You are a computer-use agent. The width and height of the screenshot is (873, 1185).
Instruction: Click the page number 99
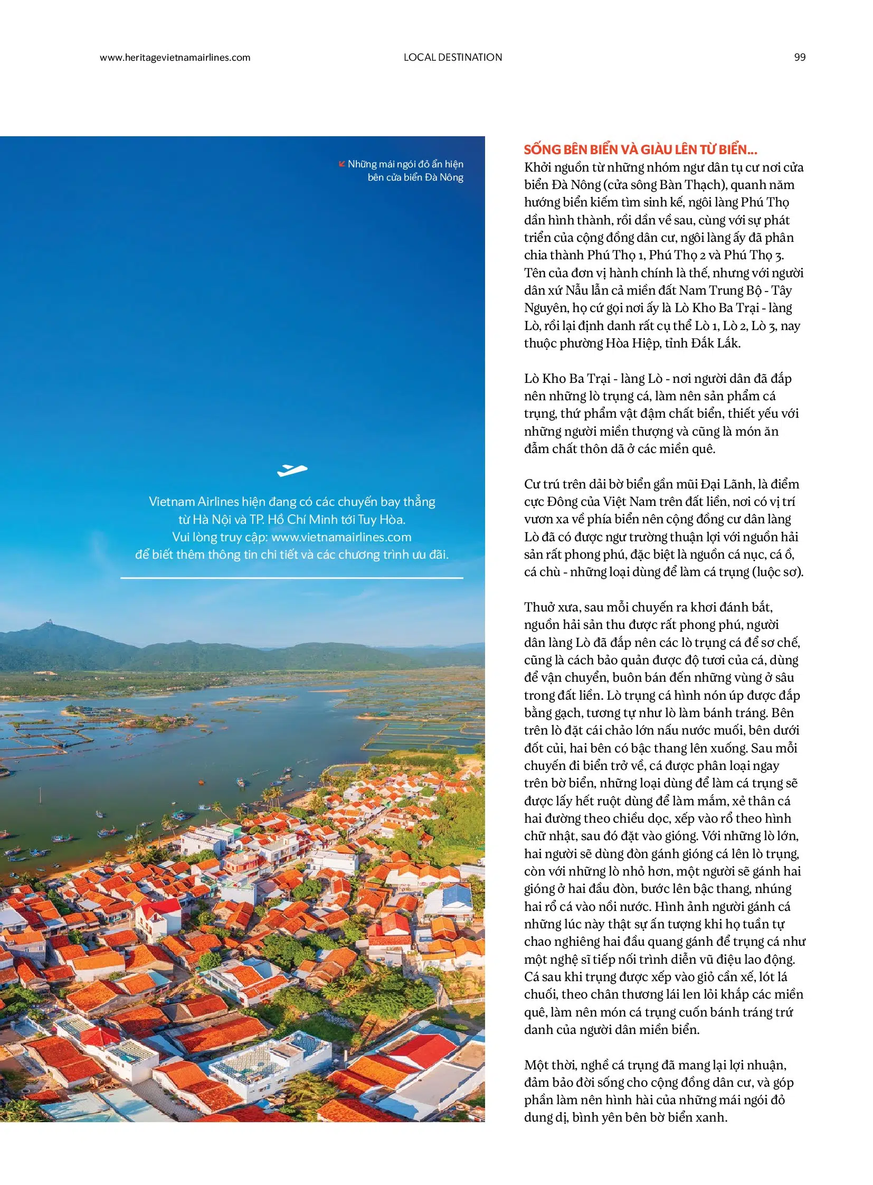tap(800, 57)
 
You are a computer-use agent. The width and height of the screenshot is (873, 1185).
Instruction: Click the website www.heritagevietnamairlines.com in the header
tap(175, 58)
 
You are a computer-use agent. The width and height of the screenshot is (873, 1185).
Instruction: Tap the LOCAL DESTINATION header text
tap(452, 57)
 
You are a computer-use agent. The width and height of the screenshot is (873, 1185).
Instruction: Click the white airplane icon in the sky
tap(292, 469)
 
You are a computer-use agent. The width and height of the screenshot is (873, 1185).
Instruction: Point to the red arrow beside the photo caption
tap(341, 164)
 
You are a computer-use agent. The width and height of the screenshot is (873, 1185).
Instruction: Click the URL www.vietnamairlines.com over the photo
tap(341, 537)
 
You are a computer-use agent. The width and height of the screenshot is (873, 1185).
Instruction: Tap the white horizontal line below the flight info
tap(292, 578)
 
